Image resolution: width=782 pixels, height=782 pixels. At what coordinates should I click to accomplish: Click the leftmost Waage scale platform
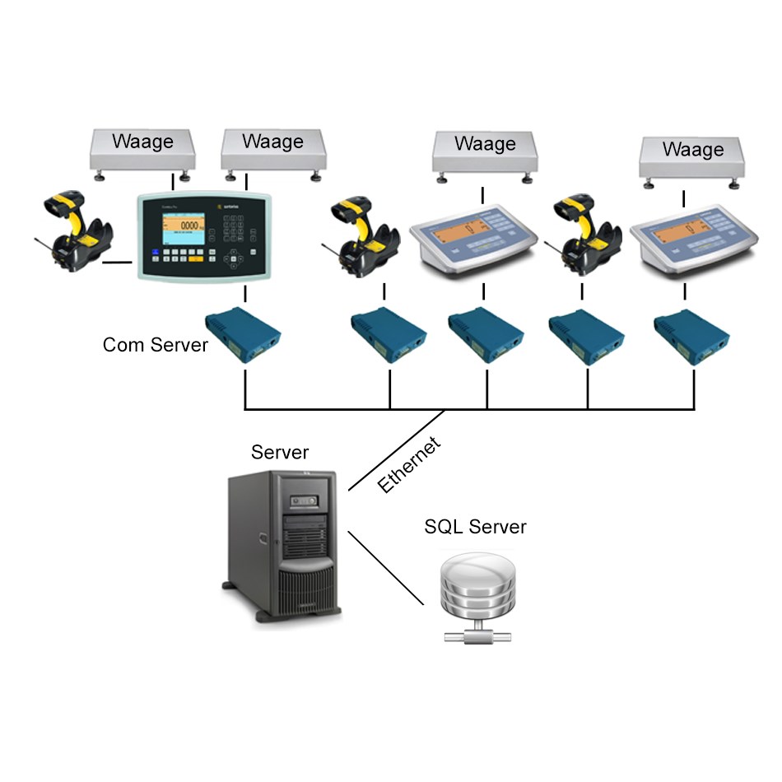tap(142, 149)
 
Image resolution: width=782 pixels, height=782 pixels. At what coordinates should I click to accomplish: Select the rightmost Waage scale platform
tap(693, 157)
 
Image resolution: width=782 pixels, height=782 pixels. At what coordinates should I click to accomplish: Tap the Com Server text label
tap(156, 344)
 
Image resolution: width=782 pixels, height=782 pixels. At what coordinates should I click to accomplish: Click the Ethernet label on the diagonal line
tap(409, 466)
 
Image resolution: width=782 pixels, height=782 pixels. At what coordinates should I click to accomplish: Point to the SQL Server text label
tap(475, 526)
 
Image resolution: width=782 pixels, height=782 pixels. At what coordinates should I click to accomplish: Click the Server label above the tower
tap(280, 452)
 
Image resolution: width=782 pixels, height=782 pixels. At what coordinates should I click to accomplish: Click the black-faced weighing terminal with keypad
tap(203, 237)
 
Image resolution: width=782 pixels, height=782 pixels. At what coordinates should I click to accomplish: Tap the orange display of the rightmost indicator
tap(676, 237)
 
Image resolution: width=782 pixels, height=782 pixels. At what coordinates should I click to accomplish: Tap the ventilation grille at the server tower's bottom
tap(307, 589)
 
